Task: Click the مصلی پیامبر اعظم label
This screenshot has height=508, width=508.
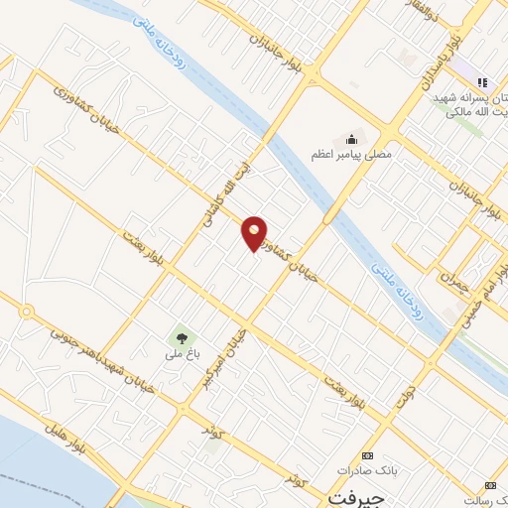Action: [351, 154]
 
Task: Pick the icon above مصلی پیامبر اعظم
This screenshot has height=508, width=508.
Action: [350, 138]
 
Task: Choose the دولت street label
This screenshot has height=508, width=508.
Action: [405, 396]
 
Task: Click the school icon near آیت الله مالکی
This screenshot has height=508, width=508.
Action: [482, 81]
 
